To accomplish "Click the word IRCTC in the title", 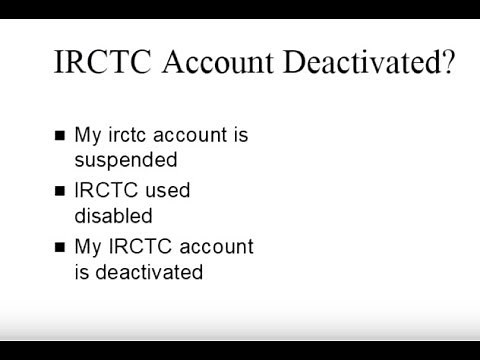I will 99,65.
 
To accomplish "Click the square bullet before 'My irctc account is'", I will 59,135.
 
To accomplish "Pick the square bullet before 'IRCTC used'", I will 59,190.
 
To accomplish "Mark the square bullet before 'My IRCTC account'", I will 59,246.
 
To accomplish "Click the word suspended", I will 126,160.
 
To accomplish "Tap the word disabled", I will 113,215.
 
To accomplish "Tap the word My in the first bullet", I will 89,135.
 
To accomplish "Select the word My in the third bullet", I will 89,246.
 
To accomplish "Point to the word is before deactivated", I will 83,271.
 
